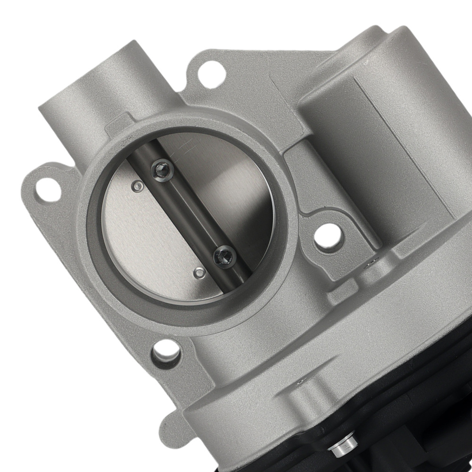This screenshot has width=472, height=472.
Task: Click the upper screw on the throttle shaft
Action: pos(162,170)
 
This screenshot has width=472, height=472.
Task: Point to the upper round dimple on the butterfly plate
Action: pos(137,186)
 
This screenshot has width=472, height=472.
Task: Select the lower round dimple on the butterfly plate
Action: pos(200,273)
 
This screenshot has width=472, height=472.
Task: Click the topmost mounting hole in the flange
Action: pos(209,72)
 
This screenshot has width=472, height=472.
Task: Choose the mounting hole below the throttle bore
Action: pos(166,350)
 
